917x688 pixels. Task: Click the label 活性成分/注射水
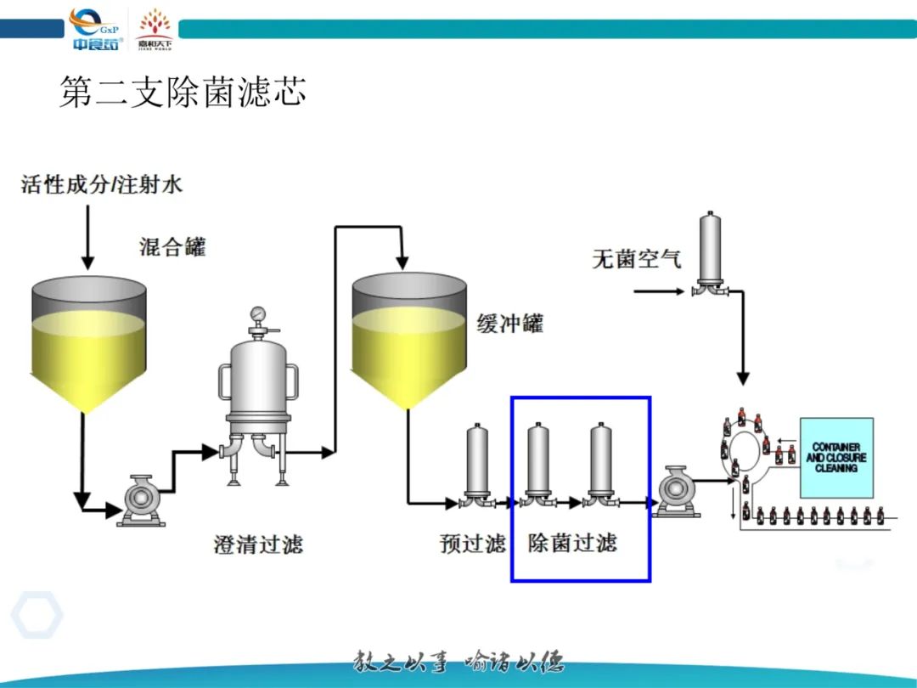tap(102, 184)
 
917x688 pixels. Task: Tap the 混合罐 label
tap(172, 247)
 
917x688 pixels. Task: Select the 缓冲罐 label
tap(509, 324)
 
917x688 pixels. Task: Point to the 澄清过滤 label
tap(257, 544)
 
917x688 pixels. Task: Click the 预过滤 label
tap(472, 544)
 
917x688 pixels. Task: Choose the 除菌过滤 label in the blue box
tap(572, 544)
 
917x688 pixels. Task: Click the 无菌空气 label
tap(636, 258)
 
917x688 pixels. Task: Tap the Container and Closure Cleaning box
tap(836, 458)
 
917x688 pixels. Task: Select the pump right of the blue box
tap(677, 491)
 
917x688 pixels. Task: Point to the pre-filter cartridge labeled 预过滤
tap(478, 463)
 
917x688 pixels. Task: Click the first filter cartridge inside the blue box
tap(537, 463)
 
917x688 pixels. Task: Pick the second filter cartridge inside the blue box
tap(602, 463)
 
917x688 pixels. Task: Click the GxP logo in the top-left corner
tap(96, 28)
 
